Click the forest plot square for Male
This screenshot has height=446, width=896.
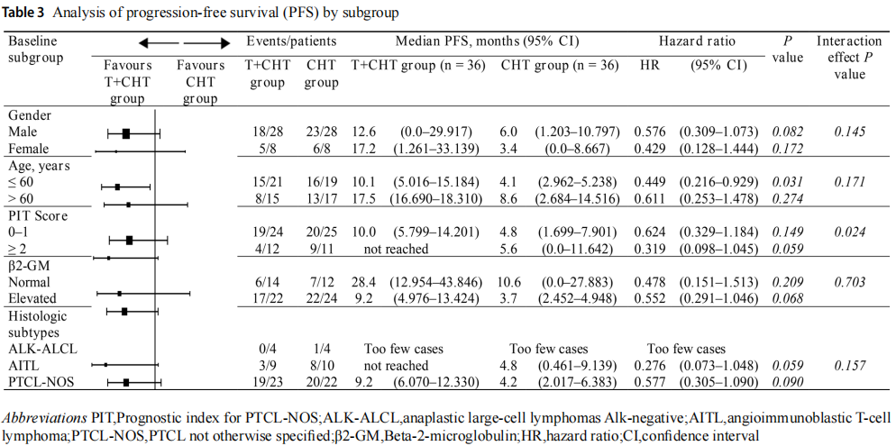click(126, 133)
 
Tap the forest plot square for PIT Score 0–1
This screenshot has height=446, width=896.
click(130, 241)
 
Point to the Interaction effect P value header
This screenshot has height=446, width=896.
click(848, 57)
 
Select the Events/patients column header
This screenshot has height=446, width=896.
click(292, 41)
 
